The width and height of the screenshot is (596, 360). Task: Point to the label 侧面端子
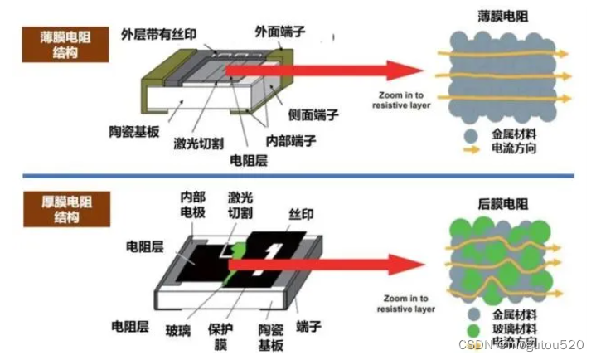pos(311,114)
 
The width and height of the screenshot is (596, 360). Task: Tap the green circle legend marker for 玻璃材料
pos(471,329)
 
